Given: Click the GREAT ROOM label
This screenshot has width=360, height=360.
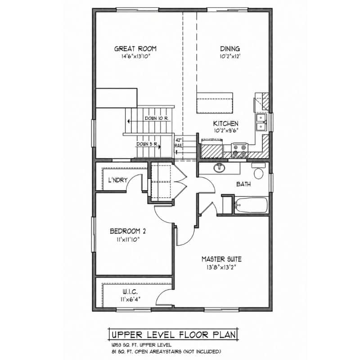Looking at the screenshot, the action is pyautogui.click(x=135, y=49).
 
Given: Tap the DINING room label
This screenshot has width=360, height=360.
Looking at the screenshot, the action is pyautogui.click(x=230, y=49).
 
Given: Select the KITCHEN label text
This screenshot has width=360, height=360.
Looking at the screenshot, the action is pyautogui.click(x=226, y=123).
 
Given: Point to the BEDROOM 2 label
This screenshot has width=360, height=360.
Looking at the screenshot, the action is pyautogui.click(x=128, y=231).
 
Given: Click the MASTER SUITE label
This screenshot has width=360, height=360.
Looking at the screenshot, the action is pyautogui.click(x=221, y=259).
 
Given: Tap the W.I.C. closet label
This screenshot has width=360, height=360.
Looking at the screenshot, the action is pyautogui.click(x=130, y=292).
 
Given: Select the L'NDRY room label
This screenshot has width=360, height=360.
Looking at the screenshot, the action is pyautogui.click(x=118, y=180).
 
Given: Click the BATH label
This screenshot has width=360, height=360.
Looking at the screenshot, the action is pyautogui.click(x=243, y=184).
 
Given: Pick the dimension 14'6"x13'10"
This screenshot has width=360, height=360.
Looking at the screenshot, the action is pyautogui.click(x=135, y=56).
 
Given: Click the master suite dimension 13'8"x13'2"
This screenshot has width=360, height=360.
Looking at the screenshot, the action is pyautogui.click(x=221, y=267).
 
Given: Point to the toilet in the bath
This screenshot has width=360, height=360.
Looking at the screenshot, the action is pyautogui.click(x=258, y=171).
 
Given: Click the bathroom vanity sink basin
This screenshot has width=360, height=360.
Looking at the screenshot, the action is pyautogui.click(x=220, y=168).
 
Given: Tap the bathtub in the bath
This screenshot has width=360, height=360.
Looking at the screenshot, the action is pyautogui.click(x=251, y=205).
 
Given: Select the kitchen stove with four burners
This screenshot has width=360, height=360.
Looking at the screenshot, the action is pyautogui.click(x=239, y=150).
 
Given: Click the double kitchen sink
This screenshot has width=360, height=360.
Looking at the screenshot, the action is pyautogui.click(x=261, y=122).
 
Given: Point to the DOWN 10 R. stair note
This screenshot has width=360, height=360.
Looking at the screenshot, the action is pyautogui.click(x=157, y=118).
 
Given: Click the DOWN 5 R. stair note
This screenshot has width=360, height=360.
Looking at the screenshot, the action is pyautogui.click(x=147, y=144).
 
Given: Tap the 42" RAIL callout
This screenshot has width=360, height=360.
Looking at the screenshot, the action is pyautogui.click(x=179, y=143).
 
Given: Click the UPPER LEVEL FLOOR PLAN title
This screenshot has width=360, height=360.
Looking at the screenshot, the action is pyautogui.click(x=174, y=334).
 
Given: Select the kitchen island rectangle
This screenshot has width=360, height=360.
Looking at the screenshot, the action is pyautogui.click(x=215, y=103).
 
